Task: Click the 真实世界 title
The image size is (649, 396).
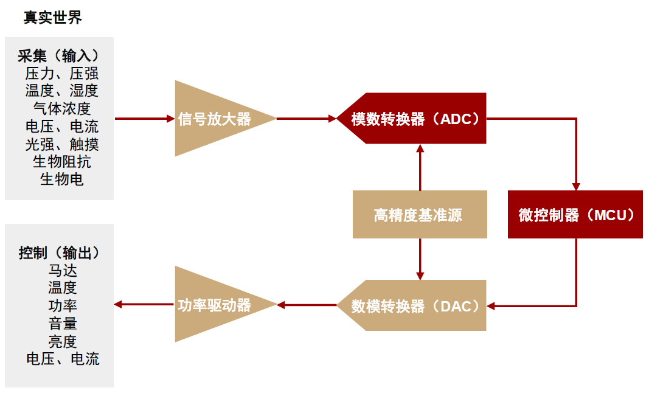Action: [x=53, y=18]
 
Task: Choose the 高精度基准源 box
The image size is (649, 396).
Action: [x=420, y=215]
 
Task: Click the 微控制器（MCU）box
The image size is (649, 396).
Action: [x=575, y=215]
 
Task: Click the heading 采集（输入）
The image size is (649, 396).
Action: [x=59, y=56]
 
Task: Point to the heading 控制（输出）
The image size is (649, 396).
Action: [x=59, y=252]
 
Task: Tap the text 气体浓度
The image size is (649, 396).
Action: [x=62, y=109]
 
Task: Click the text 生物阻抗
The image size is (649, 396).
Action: [x=62, y=162]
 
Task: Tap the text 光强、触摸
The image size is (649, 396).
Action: [x=62, y=144]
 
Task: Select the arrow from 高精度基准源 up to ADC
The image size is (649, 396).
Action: [x=420, y=167]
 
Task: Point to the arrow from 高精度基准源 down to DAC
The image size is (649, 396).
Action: [x=420, y=259]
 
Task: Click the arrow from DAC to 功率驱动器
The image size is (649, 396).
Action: [x=307, y=305]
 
